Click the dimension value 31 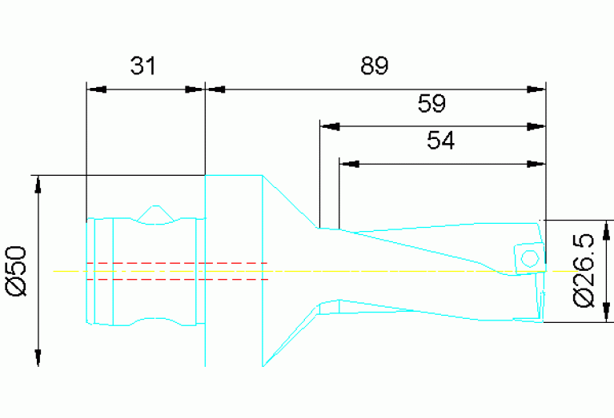pos(143,66)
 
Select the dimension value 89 pos(375,66)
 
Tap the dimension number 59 pos(431,104)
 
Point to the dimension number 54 pos(441,141)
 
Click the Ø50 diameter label pos(17,271)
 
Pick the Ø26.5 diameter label pos(584,271)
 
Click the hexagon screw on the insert pos(529,258)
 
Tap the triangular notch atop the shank pos(156,214)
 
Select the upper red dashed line pos(177,263)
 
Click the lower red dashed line pos(177,279)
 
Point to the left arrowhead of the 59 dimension pos(329,127)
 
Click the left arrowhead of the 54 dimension pos(349,164)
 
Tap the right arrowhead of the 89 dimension pos(536,90)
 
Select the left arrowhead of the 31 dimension pos(96,90)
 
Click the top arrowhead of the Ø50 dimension pos(38,185)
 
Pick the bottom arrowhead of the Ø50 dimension pos(38,357)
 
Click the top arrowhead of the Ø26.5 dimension pos(607,230)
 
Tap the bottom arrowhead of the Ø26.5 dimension pos(607,313)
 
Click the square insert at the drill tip pos(530,257)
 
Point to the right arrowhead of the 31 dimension pos(195,90)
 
